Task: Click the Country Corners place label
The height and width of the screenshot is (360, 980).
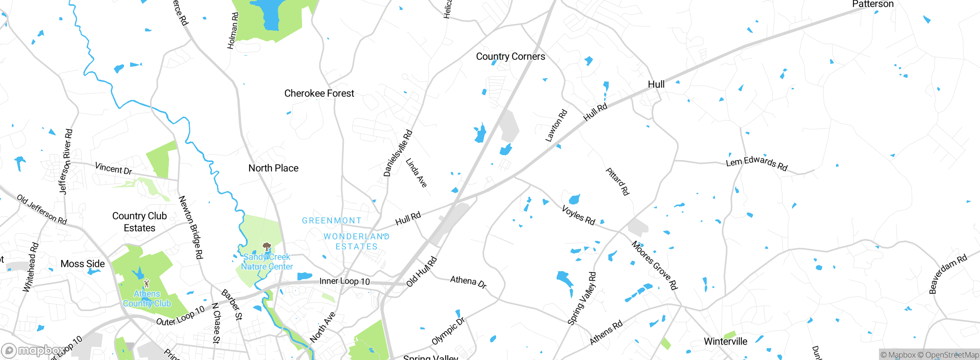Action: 510,56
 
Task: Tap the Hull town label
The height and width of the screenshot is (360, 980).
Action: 656,84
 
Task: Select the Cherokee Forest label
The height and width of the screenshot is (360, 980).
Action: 319,93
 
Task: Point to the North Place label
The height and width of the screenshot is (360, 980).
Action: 273,168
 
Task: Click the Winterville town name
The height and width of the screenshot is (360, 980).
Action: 725,341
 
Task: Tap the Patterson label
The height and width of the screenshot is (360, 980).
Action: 872,4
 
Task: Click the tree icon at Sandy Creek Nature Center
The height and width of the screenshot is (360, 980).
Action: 267,247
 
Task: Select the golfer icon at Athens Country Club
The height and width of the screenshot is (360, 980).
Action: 146,283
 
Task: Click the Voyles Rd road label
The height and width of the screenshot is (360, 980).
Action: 578,215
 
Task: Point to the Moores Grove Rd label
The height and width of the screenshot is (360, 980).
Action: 654,265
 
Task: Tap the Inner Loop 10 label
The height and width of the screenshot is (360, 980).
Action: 345,281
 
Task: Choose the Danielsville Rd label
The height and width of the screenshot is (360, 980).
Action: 398,153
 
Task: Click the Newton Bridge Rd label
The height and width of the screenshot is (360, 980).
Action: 191,227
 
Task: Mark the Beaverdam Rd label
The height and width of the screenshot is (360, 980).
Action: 948,273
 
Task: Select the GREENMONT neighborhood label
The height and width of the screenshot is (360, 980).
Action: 332,221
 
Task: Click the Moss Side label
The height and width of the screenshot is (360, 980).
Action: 83,263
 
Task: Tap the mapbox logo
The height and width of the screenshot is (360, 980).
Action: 33,350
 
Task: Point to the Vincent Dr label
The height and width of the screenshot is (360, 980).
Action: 113,168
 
